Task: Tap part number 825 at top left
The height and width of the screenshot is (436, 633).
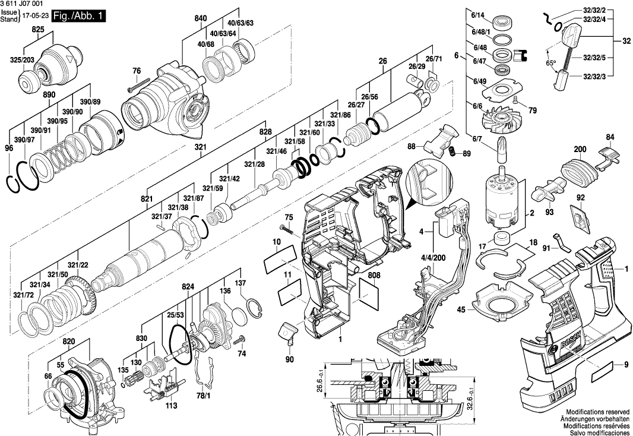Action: pos(38,29)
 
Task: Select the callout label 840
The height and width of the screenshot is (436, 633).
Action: pos(201,19)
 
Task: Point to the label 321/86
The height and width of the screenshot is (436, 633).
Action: pos(341,115)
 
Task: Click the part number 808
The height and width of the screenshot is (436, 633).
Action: pos(374,275)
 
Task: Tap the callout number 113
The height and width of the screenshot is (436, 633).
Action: pos(171,407)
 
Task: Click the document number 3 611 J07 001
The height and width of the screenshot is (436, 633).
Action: pos(23,4)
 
